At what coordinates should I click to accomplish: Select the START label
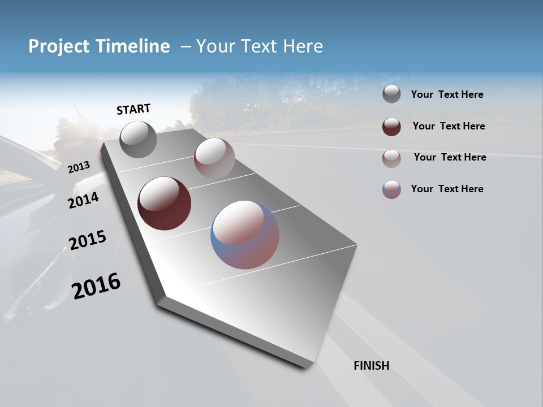click(133, 109)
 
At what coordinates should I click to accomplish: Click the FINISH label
click(372, 366)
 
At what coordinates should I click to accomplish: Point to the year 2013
click(79, 167)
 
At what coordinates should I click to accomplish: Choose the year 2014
click(83, 200)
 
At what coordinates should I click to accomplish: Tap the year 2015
click(88, 240)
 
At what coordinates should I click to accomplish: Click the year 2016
click(96, 286)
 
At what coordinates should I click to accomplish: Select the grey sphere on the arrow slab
click(139, 140)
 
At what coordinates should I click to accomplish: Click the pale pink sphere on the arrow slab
click(214, 158)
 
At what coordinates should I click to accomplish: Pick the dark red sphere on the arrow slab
click(164, 203)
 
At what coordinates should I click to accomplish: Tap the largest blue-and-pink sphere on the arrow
click(245, 235)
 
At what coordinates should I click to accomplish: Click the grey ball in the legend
click(391, 94)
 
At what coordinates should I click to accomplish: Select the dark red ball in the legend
click(391, 127)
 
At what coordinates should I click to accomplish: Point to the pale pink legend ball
click(391, 158)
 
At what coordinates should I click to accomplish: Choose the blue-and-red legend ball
click(391, 189)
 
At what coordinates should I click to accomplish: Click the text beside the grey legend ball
click(447, 94)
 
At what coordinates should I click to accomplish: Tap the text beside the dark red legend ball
click(449, 126)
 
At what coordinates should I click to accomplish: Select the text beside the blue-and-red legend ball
click(447, 189)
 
